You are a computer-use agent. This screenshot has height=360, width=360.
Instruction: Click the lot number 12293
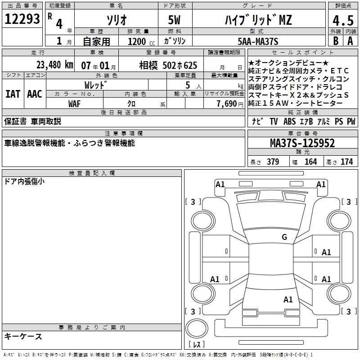click(x=22, y=19)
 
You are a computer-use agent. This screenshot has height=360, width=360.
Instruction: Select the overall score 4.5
click(x=343, y=20)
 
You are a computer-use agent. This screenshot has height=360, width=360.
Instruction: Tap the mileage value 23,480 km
click(x=54, y=65)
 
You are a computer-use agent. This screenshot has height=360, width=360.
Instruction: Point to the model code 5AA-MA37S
click(x=258, y=41)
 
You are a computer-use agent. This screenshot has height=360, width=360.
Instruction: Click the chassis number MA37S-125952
click(x=302, y=143)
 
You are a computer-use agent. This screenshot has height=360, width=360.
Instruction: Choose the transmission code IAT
click(x=13, y=94)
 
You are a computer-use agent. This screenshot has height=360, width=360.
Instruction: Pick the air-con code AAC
click(x=35, y=94)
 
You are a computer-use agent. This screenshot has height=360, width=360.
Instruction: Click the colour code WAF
click(x=74, y=104)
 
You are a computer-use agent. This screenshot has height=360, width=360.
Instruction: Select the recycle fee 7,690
click(x=227, y=104)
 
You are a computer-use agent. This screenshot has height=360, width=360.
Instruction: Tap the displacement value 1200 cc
click(x=141, y=41)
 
